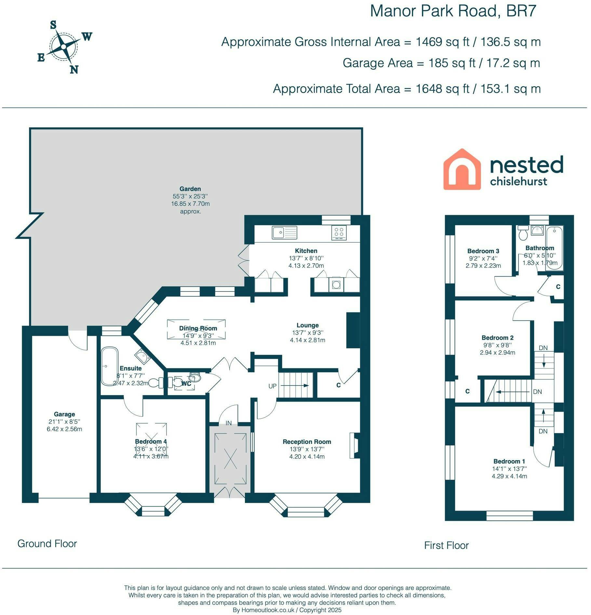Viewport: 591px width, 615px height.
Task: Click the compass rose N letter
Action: point(74,69)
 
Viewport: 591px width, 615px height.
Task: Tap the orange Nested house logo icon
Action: point(462,169)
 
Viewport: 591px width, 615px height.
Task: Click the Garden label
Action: point(190,189)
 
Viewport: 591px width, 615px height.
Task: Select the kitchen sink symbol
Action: point(285,232)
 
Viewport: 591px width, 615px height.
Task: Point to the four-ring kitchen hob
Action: point(339,232)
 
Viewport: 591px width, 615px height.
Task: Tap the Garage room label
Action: point(64,414)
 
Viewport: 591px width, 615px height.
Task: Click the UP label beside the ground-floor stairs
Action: point(273,386)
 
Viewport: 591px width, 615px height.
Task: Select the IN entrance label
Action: point(229,423)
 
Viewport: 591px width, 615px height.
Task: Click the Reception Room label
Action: point(307,442)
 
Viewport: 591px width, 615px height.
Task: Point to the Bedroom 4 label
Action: point(151,441)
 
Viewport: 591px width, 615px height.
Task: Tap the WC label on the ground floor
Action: point(186,384)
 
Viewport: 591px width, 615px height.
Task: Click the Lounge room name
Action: point(308,325)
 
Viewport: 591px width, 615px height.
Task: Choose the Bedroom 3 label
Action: point(483,251)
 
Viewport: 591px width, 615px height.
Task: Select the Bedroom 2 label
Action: point(498,338)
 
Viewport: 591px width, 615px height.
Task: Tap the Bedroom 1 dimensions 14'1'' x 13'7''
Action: point(509,469)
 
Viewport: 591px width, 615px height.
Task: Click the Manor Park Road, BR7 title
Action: point(453,11)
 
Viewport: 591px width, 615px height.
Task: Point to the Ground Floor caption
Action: point(47,543)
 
